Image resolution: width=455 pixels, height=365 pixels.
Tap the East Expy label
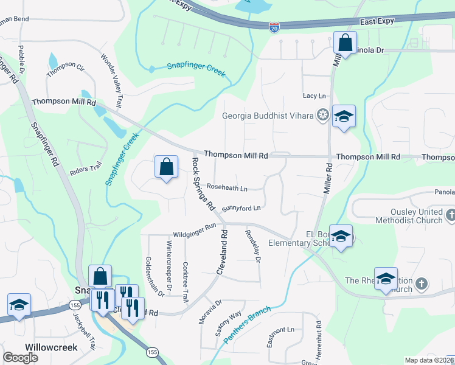(377, 21)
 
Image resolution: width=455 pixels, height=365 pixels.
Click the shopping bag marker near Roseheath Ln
(166, 167)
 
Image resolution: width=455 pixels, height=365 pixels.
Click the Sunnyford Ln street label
(241, 208)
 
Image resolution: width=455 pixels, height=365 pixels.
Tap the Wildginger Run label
(195, 226)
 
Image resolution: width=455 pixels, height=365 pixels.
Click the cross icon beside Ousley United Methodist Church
(451, 215)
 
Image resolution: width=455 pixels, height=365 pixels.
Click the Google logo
(20, 357)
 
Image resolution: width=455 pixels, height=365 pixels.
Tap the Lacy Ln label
(314, 96)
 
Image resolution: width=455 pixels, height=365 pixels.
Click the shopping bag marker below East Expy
(344, 44)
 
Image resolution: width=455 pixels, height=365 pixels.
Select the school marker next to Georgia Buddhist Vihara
(344, 117)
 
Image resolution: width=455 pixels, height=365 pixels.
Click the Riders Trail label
(86, 169)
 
